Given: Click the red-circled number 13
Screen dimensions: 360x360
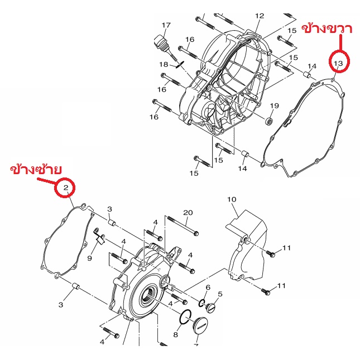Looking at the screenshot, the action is point(338,63).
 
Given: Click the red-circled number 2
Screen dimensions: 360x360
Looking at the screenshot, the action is point(66,188).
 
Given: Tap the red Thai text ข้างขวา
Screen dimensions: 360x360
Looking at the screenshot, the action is point(327,29).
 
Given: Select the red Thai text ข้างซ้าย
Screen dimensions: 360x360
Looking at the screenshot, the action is point(36,170).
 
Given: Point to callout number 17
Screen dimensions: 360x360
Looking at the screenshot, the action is point(166,25).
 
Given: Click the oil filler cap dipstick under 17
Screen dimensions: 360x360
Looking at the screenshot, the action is point(166,49).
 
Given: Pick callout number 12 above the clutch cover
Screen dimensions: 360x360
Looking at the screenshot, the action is point(260,16).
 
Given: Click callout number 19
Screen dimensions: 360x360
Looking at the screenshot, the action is point(275,106).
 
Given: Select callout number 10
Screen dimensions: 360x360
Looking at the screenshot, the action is point(232,199).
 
